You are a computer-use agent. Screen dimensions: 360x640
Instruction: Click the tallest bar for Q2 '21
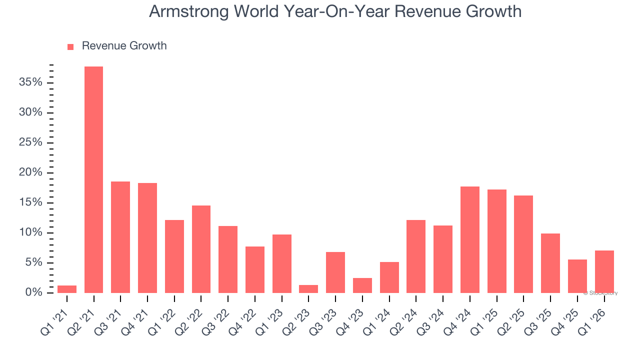click(93, 180)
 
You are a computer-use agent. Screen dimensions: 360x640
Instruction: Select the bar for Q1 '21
click(67, 289)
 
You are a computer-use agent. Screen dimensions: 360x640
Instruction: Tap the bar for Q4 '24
click(470, 239)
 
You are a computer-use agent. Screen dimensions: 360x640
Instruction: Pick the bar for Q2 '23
click(308, 289)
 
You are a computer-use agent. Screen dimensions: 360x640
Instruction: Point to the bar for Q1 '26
click(604, 271)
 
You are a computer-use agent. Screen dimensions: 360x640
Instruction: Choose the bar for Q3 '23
click(335, 272)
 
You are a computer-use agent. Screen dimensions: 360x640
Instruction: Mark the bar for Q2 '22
click(201, 249)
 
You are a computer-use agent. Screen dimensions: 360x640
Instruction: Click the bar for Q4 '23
click(362, 285)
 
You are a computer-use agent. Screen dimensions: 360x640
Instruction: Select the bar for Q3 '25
click(550, 263)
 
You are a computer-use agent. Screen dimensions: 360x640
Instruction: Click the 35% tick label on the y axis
click(30, 82)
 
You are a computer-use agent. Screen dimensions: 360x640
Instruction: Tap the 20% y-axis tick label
click(30, 172)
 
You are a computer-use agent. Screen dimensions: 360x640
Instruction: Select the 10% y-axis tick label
click(30, 233)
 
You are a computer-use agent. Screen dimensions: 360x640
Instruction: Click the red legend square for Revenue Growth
click(70, 47)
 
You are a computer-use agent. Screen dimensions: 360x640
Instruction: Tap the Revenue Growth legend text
click(124, 46)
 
